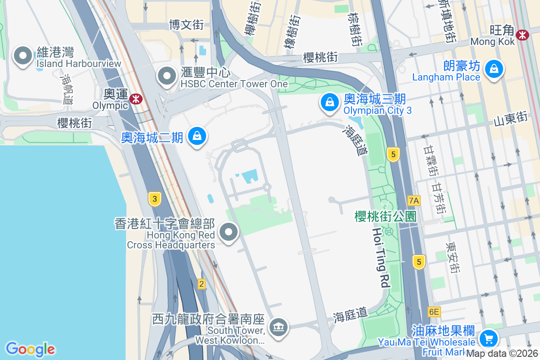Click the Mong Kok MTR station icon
point(522,35)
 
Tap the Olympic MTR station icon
point(134,99)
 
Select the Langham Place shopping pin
point(494,69)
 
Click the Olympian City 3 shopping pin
point(330,102)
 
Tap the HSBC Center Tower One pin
point(167,76)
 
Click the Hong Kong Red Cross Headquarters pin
point(229,233)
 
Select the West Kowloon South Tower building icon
point(278,327)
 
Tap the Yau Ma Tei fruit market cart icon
point(488,337)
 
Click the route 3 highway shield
point(154,198)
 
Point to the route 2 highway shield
point(201,284)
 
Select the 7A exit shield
point(414,201)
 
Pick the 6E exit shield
point(434,312)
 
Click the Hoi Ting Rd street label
point(379,257)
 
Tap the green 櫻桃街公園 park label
point(385,216)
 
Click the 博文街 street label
point(186,24)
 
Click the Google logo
point(30,349)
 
